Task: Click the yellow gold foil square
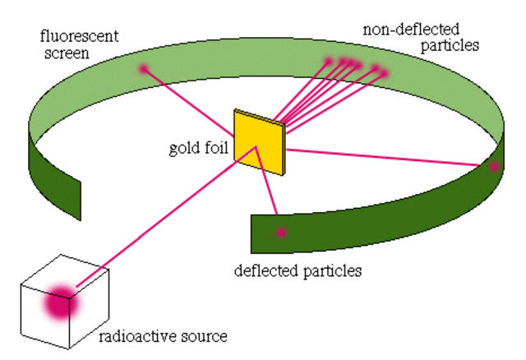tap(256, 140)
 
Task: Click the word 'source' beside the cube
tap(205, 336)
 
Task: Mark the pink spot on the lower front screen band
tap(281, 233)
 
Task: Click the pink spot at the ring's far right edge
tap(494, 167)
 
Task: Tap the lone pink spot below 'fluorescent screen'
tap(143, 69)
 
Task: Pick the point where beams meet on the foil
tap(257, 149)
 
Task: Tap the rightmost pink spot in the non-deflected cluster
tap(385, 72)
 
